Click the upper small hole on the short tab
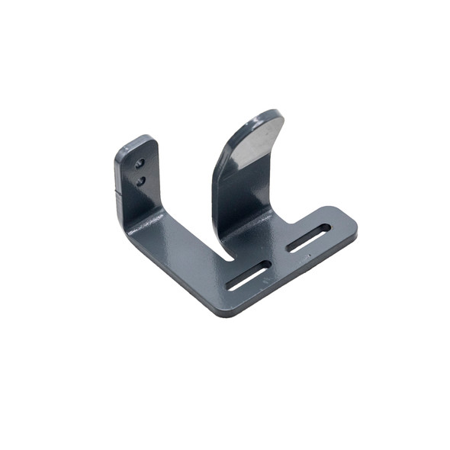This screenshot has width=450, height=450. tap(139, 163)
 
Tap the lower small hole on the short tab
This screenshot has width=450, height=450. tap(141, 181)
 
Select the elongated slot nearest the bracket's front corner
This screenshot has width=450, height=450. tap(249, 275)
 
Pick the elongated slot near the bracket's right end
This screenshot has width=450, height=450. tap(309, 238)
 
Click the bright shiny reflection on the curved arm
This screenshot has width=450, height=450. tap(254, 145)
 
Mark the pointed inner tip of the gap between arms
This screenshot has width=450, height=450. tap(230, 258)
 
